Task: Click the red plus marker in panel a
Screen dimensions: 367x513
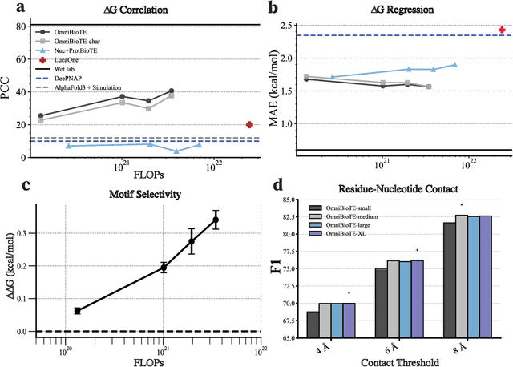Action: point(250,124)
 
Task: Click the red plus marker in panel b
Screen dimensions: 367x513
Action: point(502,30)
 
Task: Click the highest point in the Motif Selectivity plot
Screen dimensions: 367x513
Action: point(216,220)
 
